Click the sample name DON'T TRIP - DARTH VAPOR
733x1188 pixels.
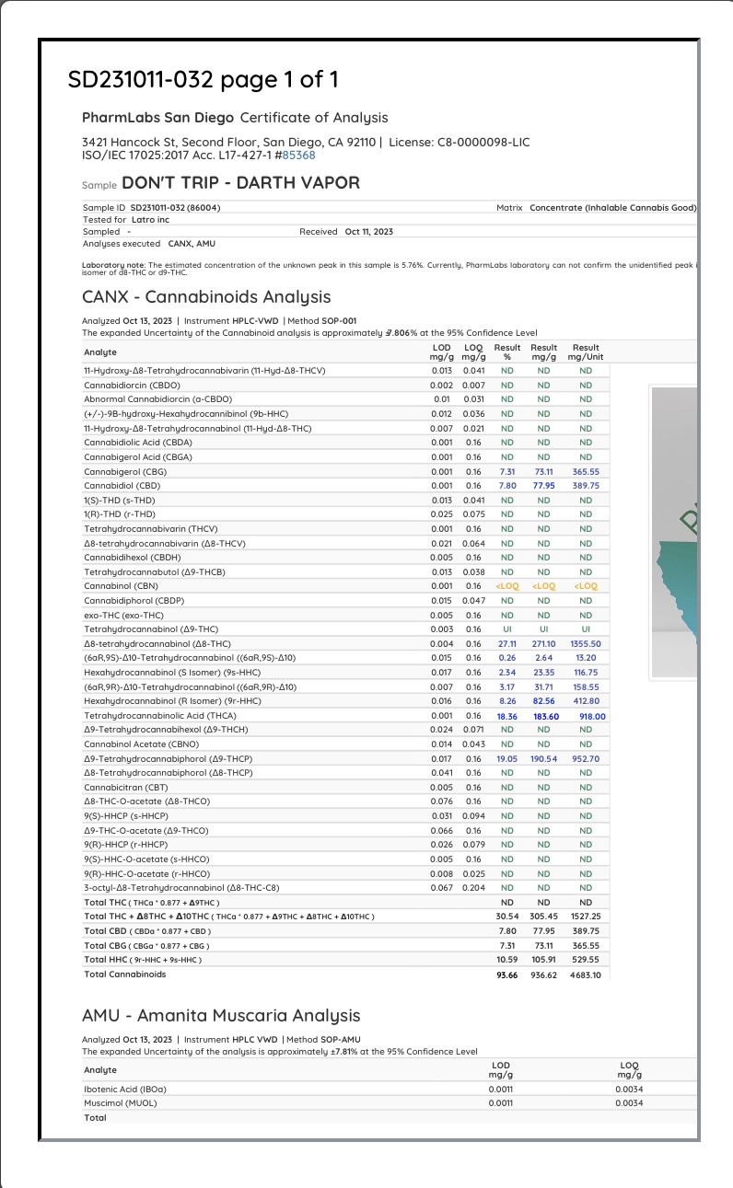(x=240, y=182)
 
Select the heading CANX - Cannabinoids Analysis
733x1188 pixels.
(x=205, y=297)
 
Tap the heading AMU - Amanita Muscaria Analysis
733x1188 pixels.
(x=221, y=1015)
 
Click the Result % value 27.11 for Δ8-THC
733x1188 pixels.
(x=506, y=644)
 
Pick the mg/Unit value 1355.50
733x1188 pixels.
(x=586, y=644)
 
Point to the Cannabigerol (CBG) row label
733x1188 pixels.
(x=123, y=471)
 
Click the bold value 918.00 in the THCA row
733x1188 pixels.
(x=586, y=716)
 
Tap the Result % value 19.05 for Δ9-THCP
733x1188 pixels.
(x=506, y=759)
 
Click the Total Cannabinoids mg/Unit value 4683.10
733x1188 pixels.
(x=586, y=975)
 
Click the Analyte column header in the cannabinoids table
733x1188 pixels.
(x=100, y=352)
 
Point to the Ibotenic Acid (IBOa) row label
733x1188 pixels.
(x=125, y=1089)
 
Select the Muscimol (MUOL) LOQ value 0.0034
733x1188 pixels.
(x=630, y=1102)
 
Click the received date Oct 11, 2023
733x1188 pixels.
(x=368, y=232)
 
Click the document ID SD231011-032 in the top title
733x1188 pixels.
(x=141, y=79)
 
